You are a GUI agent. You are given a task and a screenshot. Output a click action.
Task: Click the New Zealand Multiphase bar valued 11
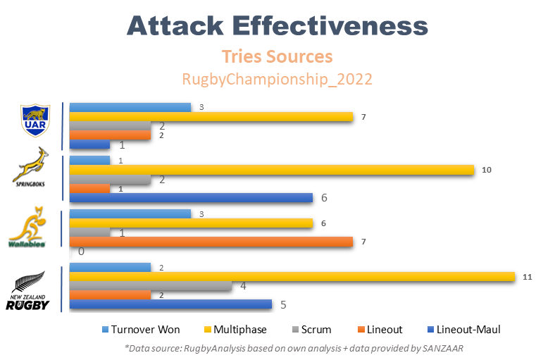[292, 277]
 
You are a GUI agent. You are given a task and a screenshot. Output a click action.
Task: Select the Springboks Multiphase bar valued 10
[272, 170]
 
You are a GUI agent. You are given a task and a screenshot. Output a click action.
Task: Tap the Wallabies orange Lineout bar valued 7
[211, 242]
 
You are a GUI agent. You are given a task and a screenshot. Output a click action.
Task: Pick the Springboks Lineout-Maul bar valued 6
[191, 197]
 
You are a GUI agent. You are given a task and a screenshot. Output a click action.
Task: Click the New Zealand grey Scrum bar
[150, 286]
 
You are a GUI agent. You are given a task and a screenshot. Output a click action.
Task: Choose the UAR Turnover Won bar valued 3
[130, 107]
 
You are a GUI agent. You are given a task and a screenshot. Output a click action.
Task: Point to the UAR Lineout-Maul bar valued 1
[89, 144]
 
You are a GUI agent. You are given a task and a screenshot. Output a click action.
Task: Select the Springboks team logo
[32, 167]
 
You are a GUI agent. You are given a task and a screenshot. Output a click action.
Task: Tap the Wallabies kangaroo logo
[28, 228]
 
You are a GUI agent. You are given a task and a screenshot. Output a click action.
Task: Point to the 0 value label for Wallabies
[82, 252]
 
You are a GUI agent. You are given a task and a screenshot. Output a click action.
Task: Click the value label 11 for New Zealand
[528, 277]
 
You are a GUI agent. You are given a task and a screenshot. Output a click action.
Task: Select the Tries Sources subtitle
[277, 56]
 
